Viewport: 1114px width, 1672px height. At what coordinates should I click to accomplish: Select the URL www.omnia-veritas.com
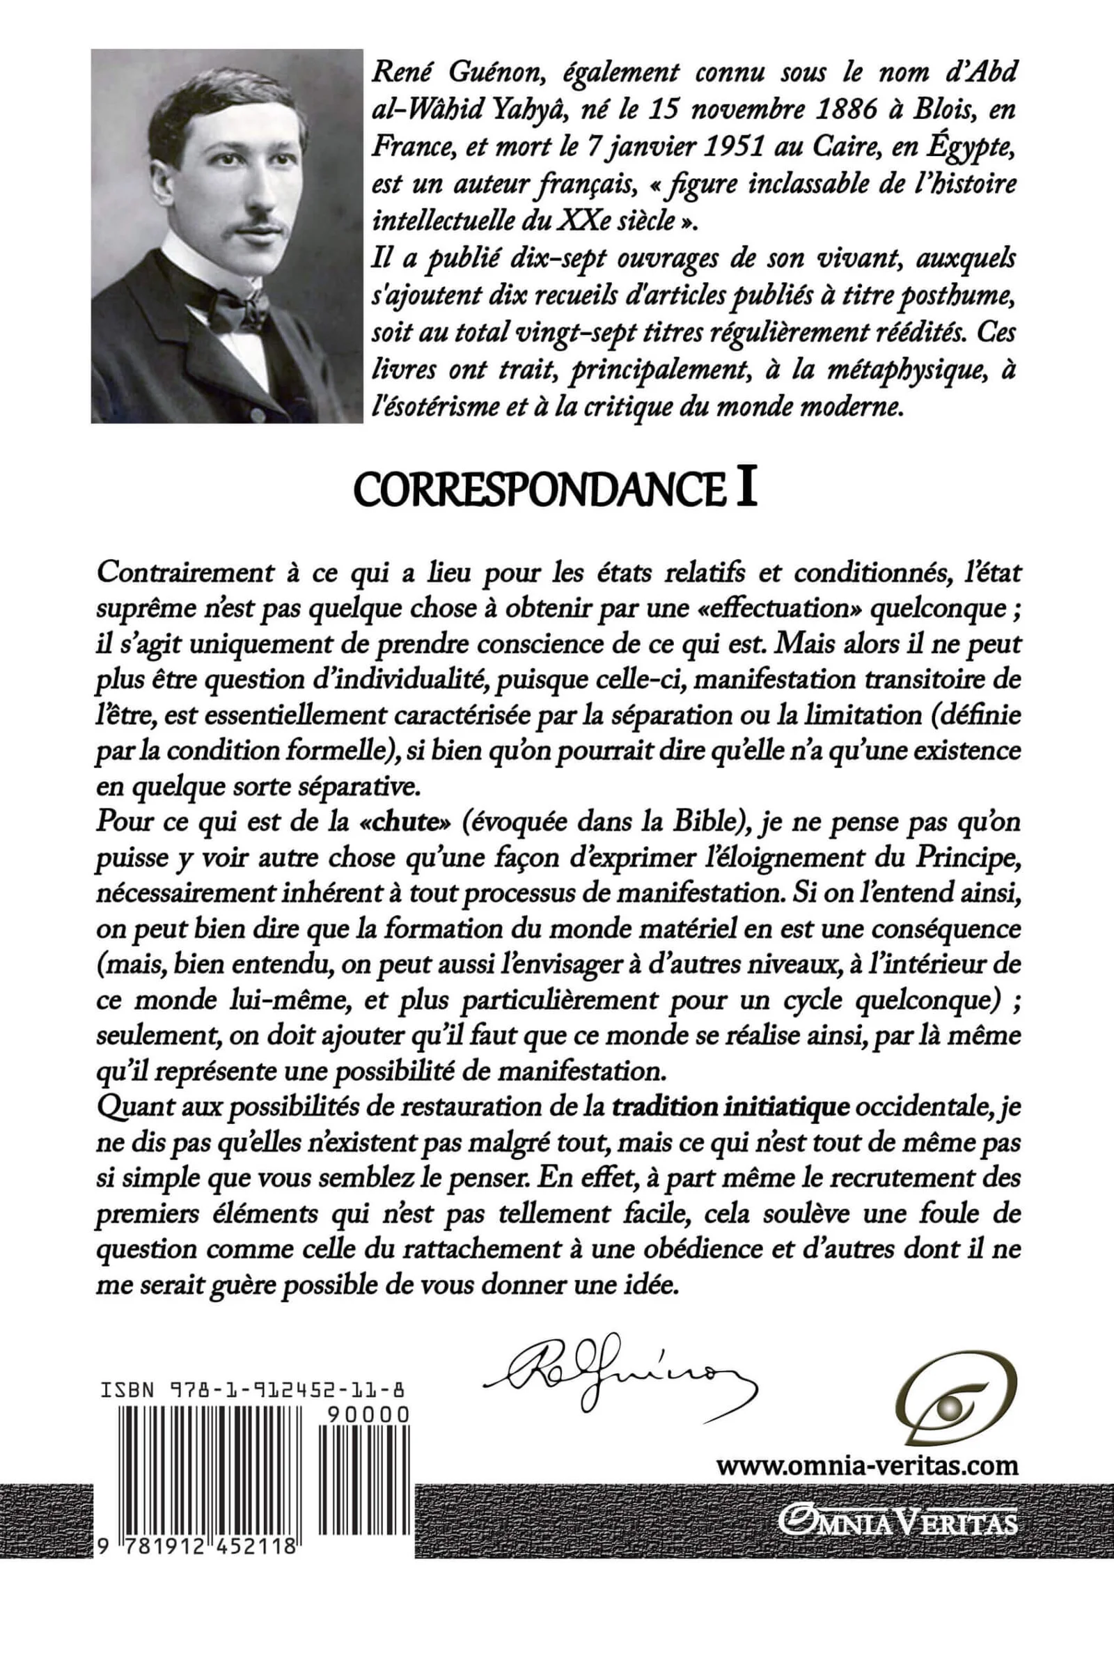867,1465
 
